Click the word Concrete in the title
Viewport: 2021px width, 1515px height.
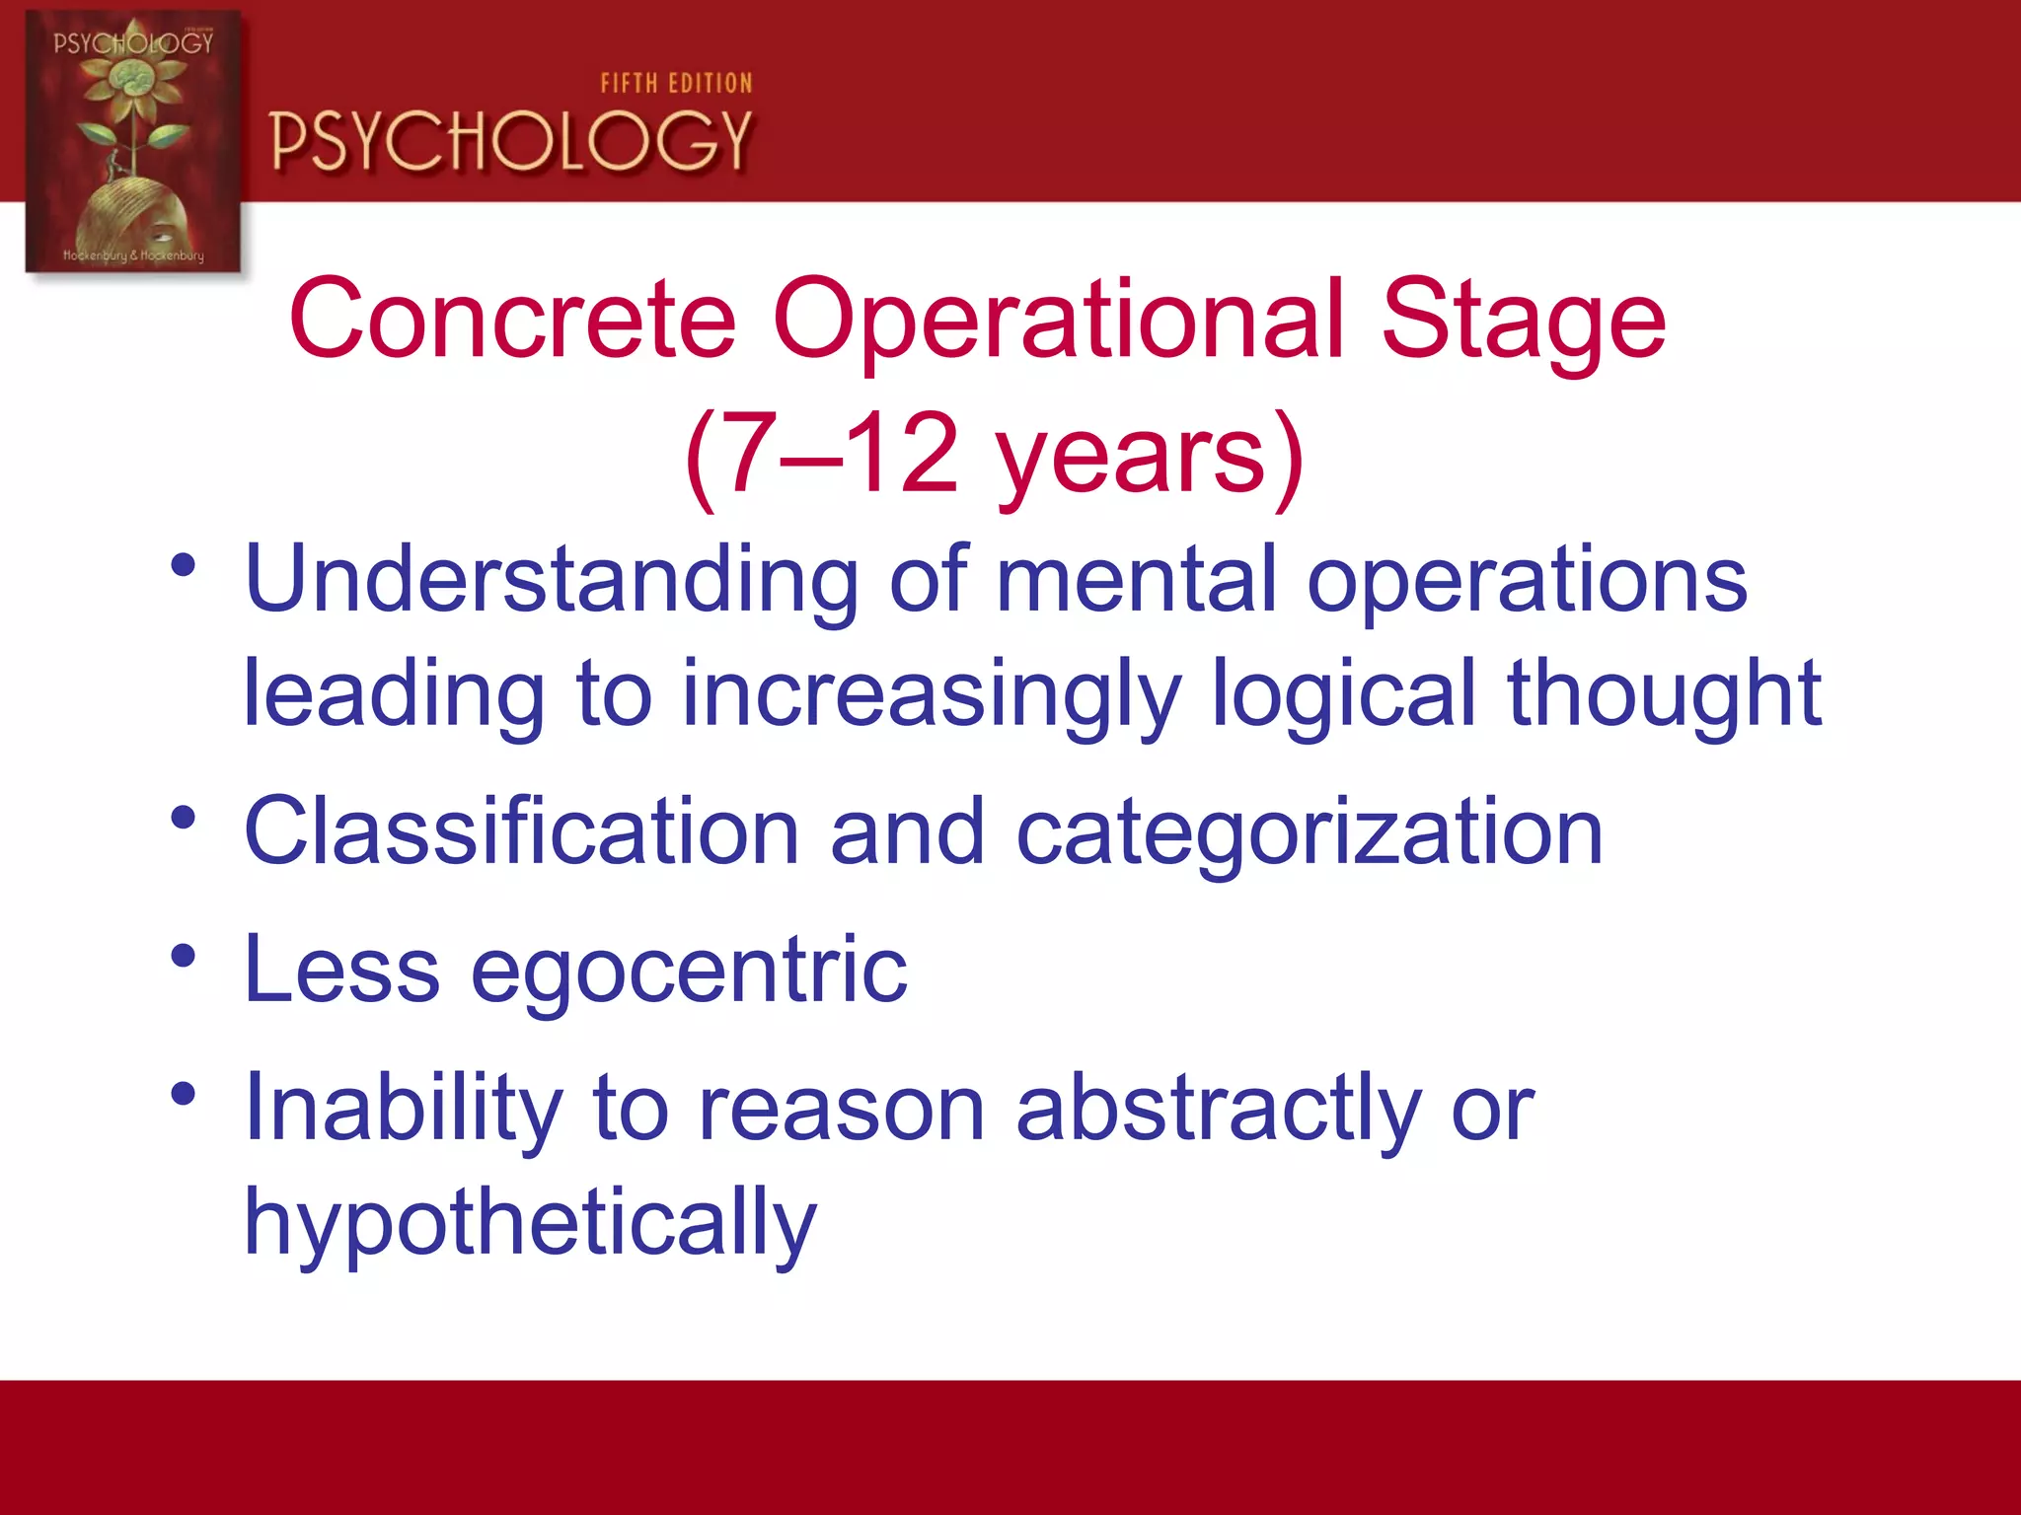512,319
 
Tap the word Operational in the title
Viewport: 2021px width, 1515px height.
1057,319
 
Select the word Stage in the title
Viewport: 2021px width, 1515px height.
1523,319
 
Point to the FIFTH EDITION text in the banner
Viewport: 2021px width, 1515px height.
676,84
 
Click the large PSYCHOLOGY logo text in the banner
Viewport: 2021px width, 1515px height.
511,141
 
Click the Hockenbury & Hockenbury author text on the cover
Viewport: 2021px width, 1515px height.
133,255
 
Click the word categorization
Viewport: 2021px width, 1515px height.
1309,834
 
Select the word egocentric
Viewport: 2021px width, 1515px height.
688,971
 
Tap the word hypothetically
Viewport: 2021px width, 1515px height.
530,1224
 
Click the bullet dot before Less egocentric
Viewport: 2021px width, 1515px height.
184,956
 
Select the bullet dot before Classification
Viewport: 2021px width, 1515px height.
184,818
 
